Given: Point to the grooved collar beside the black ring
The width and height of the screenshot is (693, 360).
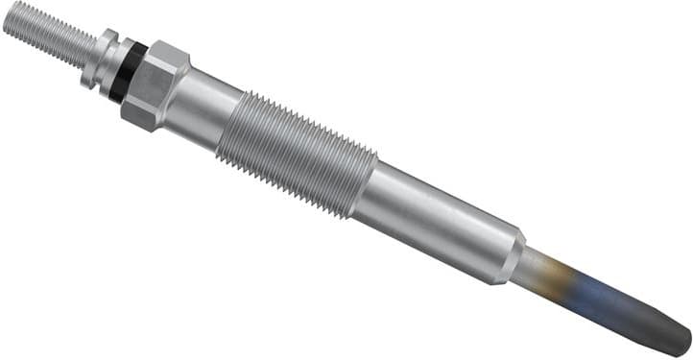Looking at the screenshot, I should click(104, 60).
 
